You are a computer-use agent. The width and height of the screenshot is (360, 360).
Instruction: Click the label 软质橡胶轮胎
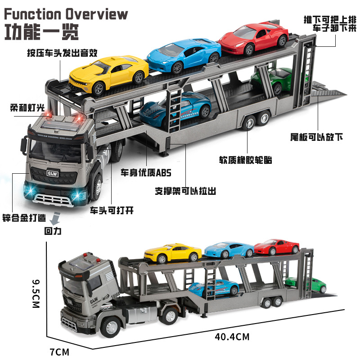[x=246, y=160]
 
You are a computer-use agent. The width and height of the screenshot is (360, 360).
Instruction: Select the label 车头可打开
[x=112, y=210]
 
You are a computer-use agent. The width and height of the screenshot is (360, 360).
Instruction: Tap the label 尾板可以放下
[x=314, y=136]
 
